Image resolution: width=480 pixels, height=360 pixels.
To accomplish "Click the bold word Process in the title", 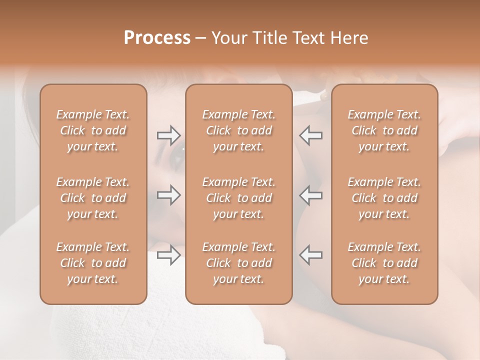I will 157,38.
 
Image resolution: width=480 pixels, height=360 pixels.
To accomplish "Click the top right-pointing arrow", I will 169,135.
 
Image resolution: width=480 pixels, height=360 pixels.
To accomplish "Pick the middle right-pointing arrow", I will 169,195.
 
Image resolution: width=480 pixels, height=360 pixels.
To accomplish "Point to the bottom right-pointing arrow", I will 169,255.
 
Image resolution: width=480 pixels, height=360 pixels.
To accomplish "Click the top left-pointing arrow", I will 311,135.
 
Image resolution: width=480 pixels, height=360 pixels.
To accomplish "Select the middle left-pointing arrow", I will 311,195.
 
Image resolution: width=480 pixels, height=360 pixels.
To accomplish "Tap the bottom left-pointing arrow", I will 311,255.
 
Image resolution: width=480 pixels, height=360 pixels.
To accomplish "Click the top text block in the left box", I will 93,130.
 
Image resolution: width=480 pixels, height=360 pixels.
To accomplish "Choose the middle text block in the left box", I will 93,198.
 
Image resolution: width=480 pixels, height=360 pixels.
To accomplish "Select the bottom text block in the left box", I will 93,263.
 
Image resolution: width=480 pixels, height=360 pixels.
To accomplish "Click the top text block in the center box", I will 239,130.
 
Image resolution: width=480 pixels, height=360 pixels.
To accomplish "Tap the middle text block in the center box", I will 239,198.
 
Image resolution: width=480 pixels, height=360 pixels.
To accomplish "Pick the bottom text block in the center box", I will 239,263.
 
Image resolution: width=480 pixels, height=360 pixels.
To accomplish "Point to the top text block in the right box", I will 384,130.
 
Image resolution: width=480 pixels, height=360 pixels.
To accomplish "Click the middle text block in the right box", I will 384,198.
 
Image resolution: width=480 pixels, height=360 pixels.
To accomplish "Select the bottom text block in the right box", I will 384,263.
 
